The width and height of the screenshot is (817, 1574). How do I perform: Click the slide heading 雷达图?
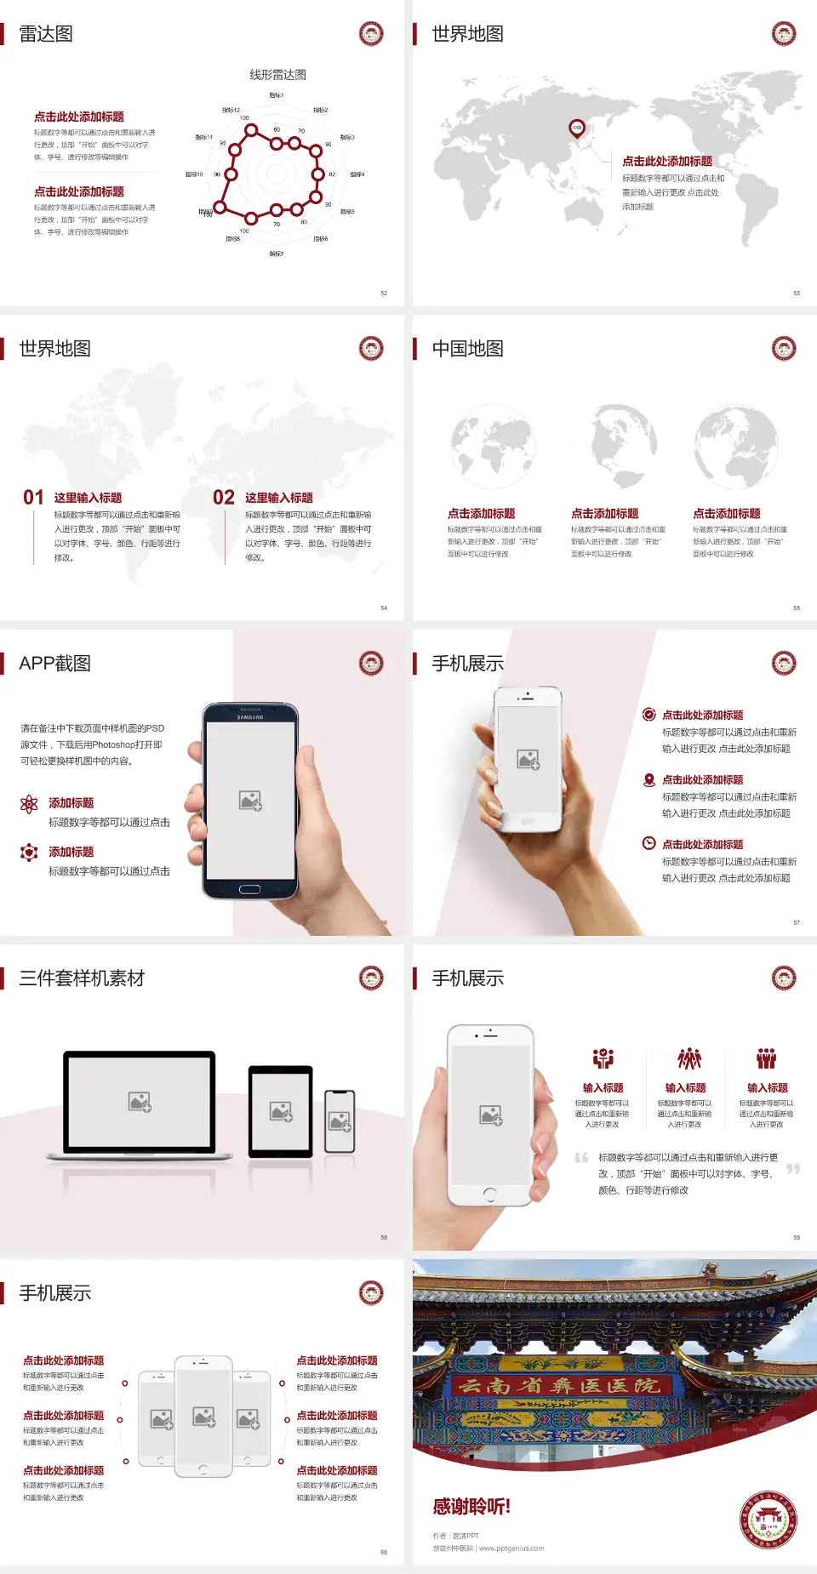[46, 34]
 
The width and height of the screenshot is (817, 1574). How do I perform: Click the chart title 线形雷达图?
[277, 75]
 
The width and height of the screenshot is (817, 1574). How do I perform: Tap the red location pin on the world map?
[577, 128]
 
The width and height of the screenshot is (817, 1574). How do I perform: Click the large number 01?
[33, 498]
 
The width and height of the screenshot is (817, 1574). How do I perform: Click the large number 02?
[224, 498]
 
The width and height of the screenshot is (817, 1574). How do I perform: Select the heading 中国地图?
[467, 349]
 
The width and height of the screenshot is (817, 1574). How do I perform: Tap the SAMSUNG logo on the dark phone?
[250, 717]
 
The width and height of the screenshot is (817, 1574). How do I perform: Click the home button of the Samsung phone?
[249, 889]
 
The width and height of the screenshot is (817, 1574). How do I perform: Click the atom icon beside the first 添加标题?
[29, 804]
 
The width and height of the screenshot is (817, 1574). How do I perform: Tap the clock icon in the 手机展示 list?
[648, 843]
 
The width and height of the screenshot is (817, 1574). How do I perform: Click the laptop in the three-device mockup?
[140, 1104]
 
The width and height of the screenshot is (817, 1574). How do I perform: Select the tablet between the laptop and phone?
[281, 1110]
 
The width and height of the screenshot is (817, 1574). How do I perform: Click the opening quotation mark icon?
[581, 1157]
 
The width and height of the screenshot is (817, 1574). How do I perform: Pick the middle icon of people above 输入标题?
[688, 1058]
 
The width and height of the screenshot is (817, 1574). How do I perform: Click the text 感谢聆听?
[471, 1507]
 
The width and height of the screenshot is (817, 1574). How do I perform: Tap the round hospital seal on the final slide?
[768, 1520]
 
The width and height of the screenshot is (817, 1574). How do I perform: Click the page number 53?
[797, 293]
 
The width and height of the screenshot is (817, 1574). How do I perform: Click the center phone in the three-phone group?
[203, 1416]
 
